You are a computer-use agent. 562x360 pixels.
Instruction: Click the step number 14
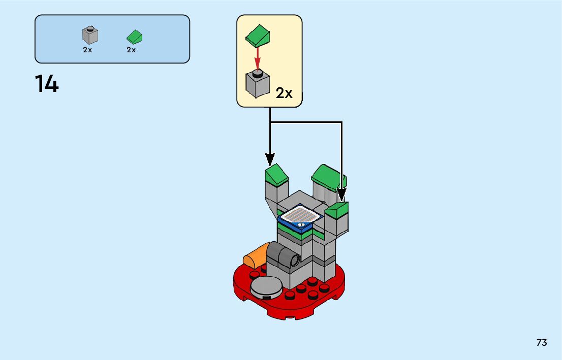point(47,84)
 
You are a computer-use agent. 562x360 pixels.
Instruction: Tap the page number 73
point(542,343)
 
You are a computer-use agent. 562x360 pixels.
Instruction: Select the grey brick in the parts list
point(90,35)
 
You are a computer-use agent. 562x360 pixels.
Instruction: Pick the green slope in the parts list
point(134,37)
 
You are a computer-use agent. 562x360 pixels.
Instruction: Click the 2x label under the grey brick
point(87,50)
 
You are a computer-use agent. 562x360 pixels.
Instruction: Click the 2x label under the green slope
point(131,50)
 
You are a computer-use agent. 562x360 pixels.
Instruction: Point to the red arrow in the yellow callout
point(258,57)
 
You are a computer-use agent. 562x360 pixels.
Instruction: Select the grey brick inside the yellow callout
point(258,84)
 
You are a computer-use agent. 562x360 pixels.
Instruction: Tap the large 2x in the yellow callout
point(285,93)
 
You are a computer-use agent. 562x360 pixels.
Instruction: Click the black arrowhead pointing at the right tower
point(341,194)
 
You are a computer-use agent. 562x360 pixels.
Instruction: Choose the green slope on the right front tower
point(337,209)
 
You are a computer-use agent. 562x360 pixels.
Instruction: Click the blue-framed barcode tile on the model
point(301,217)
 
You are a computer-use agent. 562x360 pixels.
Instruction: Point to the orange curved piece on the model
point(255,255)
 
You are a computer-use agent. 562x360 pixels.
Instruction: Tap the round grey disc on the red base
point(266,287)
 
